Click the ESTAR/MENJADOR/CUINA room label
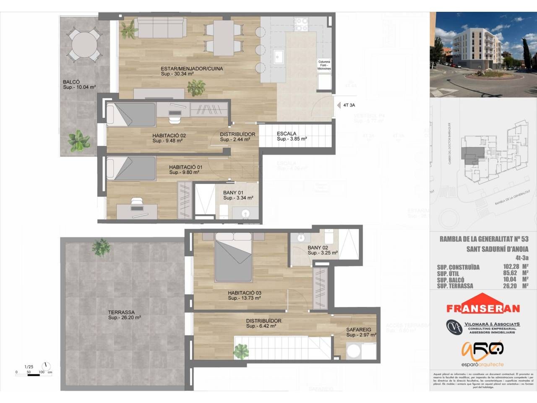[192, 71]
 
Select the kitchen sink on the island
[279, 57]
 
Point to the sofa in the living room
[162, 28]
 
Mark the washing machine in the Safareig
[354, 351]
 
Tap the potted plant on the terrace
[101, 247]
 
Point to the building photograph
[483, 55]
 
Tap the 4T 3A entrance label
[349, 105]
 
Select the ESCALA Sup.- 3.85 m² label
[292, 136]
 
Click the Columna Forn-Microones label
[324, 65]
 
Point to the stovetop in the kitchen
[301, 24]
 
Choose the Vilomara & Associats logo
[483, 327]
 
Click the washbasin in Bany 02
[301, 238]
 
